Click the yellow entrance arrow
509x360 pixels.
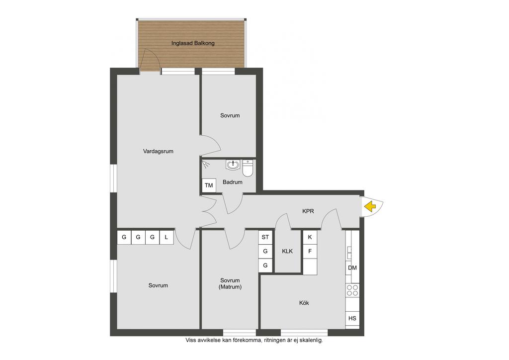point(370,206)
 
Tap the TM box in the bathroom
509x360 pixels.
point(209,185)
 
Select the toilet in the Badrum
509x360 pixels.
point(248,168)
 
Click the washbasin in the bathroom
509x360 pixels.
point(233,165)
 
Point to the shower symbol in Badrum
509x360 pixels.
point(205,164)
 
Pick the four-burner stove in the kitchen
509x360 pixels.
point(352,290)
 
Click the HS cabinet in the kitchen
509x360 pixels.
point(352,318)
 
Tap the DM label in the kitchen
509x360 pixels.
point(352,268)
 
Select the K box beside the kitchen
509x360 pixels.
point(310,237)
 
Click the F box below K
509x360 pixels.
point(310,251)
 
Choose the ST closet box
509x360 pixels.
point(265,237)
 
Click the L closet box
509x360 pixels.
point(166,237)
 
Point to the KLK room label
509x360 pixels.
point(287,251)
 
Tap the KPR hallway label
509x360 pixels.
point(308,211)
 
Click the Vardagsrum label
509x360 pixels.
point(158,151)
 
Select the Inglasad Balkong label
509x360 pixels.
point(193,43)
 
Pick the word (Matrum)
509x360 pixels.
point(230,287)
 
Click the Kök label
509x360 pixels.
point(304,303)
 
